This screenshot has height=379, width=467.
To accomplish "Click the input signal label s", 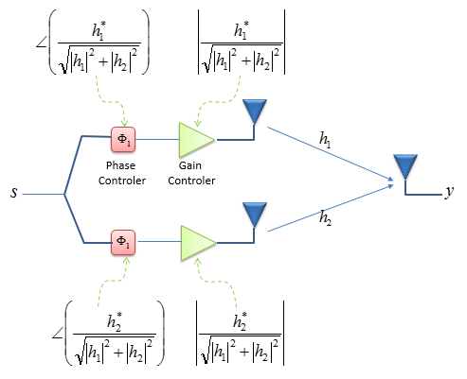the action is pyautogui.click(x=14, y=192).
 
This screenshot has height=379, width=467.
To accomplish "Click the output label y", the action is pyautogui.click(x=449, y=192).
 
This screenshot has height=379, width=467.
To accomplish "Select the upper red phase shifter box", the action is pyautogui.click(x=123, y=139).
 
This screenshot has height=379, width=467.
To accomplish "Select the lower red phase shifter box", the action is pyautogui.click(x=123, y=242).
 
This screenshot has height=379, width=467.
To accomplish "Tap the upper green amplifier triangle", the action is pyautogui.click(x=194, y=140).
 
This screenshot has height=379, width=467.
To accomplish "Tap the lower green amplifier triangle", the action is pyautogui.click(x=196, y=243).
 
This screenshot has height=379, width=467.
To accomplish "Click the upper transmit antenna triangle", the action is pyautogui.click(x=255, y=111).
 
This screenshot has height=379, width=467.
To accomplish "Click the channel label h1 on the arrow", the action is pyautogui.click(x=325, y=140).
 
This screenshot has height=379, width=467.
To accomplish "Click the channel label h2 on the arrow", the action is pyautogui.click(x=325, y=218).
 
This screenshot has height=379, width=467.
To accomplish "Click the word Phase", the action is pyautogui.click(x=120, y=165).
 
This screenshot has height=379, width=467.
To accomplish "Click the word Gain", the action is pyautogui.click(x=190, y=165).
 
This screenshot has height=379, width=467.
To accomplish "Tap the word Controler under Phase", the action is pyautogui.click(x=122, y=181).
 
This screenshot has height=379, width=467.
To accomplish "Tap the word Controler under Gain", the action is pyautogui.click(x=191, y=181).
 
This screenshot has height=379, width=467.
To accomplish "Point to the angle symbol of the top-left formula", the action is pyautogui.click(x=41, y=43).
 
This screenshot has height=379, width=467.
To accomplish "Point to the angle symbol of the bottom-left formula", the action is pyautogui.click(x=57, y=334).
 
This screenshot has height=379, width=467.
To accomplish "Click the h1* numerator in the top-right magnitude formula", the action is pyautogui.click(x=242, y=30).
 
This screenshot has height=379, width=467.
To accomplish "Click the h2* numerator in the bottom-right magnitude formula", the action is pyautogui.click(x=240, y=321).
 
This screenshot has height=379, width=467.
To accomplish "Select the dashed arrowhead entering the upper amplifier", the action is pyautogui.click(x=197, y=123).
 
